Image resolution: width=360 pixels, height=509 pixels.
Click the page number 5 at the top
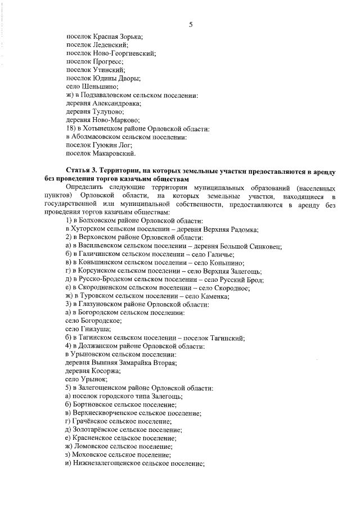pyautogui.click(x=191, y=24)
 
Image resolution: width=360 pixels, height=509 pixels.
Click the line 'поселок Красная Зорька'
pyautogui.click(x=104, y=36)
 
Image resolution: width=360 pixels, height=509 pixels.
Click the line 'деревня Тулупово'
pyautogui.click(x=94, y=112)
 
